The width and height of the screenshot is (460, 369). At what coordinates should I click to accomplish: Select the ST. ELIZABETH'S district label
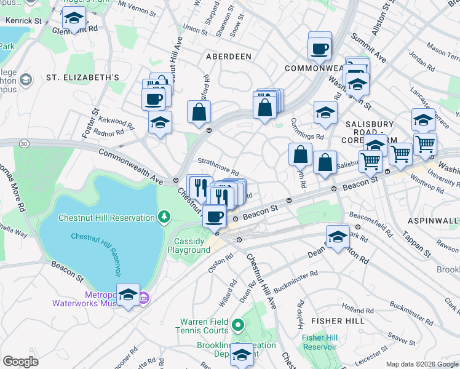82,77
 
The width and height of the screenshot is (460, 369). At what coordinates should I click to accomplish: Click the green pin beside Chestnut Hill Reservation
164,217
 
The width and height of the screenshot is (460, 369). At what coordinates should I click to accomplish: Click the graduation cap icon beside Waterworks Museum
128,295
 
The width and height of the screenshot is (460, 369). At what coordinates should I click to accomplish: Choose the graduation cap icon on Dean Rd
338,237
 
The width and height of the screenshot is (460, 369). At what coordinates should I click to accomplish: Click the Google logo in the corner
21,361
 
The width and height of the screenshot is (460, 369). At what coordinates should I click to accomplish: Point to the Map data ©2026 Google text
421,364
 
